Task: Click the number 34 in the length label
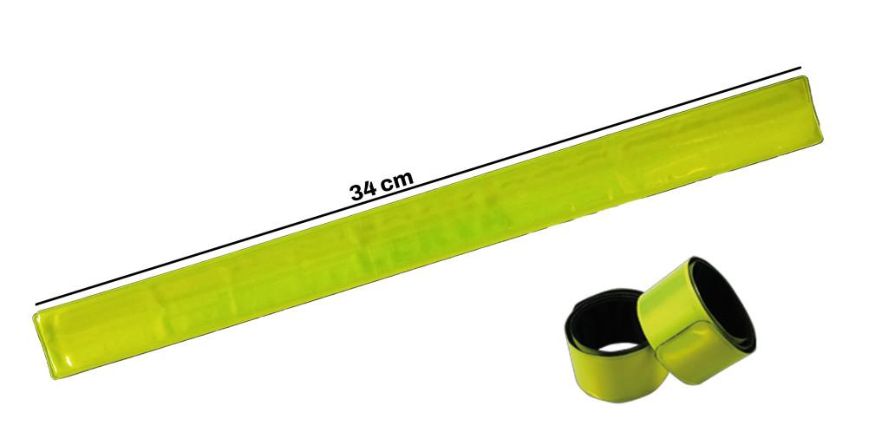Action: pos(362,190)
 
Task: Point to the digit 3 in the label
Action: pos(356,192)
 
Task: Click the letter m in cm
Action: pos(404,179)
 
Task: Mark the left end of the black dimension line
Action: pos(36,304)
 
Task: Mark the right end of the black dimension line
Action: pos(800,68)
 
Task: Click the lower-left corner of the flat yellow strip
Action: pos(55,377)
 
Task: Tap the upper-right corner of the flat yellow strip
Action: pos(805,77)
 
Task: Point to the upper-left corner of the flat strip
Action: pos(34,313)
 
